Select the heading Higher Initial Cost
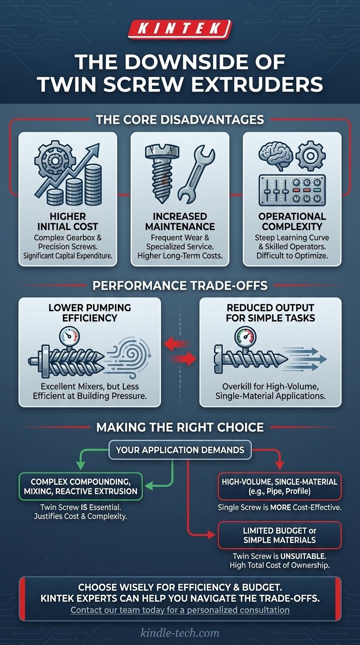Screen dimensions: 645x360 67,222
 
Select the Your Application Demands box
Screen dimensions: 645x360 180,450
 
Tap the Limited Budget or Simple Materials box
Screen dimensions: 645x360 279,535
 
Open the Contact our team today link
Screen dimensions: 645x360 180,610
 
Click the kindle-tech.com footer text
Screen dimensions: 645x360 180,633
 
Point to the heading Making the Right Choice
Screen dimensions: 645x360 180,427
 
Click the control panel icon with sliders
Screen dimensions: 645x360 292,190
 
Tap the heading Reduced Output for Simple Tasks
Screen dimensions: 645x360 270,313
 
